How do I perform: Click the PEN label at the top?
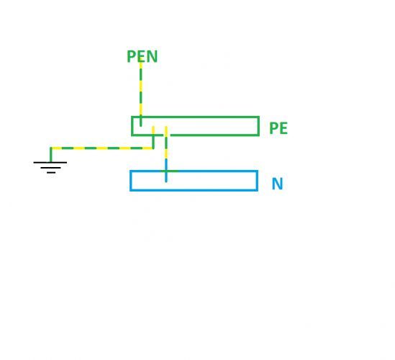tap(142, 56)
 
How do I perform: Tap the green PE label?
tap(278, 128)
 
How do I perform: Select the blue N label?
tap(278, 184)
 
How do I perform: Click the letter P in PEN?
tap(131, 56)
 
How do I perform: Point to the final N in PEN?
tap(152, 56)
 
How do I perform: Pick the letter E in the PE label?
tap(283, 128)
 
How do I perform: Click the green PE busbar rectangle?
tap(195, 117)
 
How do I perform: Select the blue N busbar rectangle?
tap(194, 171)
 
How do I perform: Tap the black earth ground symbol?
tap(50, 167)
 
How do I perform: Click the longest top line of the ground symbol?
tap(50, 162)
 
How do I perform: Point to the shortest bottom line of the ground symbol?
tap(51, 173)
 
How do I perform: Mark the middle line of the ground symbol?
tap(50, 168)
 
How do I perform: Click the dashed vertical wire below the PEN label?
tap(140, 94)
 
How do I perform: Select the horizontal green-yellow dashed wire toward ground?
tap(102, 148)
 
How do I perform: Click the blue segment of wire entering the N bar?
tap(166, 171)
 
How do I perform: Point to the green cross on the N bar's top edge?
tap(166, 171)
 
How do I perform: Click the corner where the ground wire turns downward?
tap(51, 148)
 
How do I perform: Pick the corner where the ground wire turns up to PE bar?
tap(153, 148)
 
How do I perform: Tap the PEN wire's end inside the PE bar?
tap(140, 126)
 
